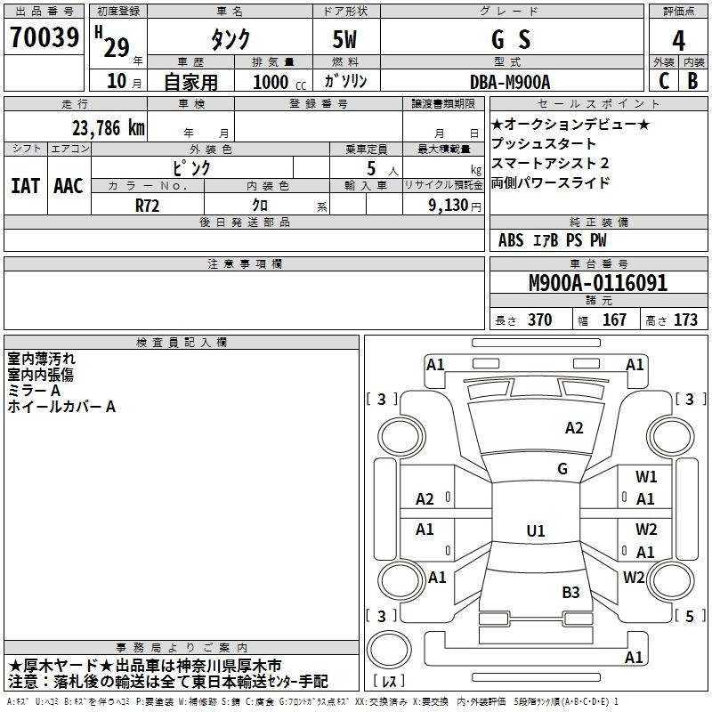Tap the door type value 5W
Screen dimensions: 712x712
click(x=345, y=40)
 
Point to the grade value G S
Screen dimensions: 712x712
click(x=511, y=40)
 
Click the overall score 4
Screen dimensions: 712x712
click(x=679, y=40)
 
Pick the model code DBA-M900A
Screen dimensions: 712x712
click(x=510, y=82)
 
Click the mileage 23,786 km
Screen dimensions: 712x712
click(x=105, y=128)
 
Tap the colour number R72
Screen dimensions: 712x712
click(x=148, y=204)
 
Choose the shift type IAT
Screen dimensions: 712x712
click(x=25, y=186)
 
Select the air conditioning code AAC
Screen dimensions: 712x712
click(x=68, y=186)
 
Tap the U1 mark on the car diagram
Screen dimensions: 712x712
click(x=535, y=531)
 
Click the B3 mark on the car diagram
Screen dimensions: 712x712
click(x=570, y=592)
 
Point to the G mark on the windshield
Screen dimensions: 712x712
click(x=562, y=468)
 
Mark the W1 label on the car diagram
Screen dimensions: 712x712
click(x=646, y=477)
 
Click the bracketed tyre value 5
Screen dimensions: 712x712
click(x=689, y=615)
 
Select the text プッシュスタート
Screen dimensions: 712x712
click(x=544, y=144)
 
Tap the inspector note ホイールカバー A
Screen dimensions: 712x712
click(x=61, y=407)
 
